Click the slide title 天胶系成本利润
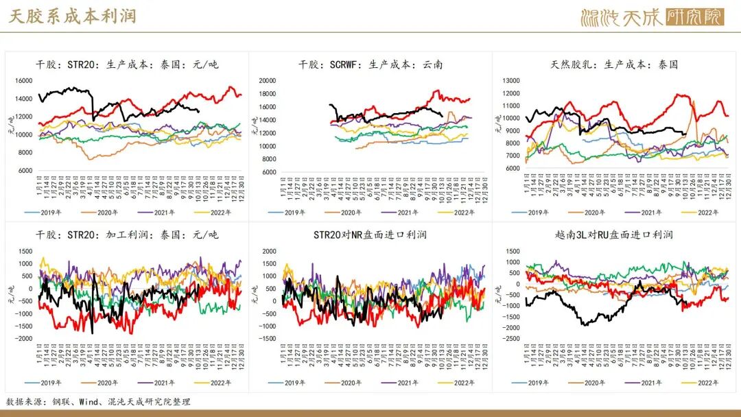72,16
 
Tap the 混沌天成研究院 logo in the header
651,16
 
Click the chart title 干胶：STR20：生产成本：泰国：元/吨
127,65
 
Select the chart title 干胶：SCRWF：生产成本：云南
370,65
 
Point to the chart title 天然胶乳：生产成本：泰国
614,65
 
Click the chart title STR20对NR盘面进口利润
370,235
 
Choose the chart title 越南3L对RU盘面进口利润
614,235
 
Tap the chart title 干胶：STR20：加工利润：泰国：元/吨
127,235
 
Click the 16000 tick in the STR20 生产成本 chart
23,80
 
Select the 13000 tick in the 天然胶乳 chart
512,80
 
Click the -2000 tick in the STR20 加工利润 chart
23,339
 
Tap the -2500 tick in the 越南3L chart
510,339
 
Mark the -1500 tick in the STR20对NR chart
267,339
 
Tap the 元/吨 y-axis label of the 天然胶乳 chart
499,123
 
